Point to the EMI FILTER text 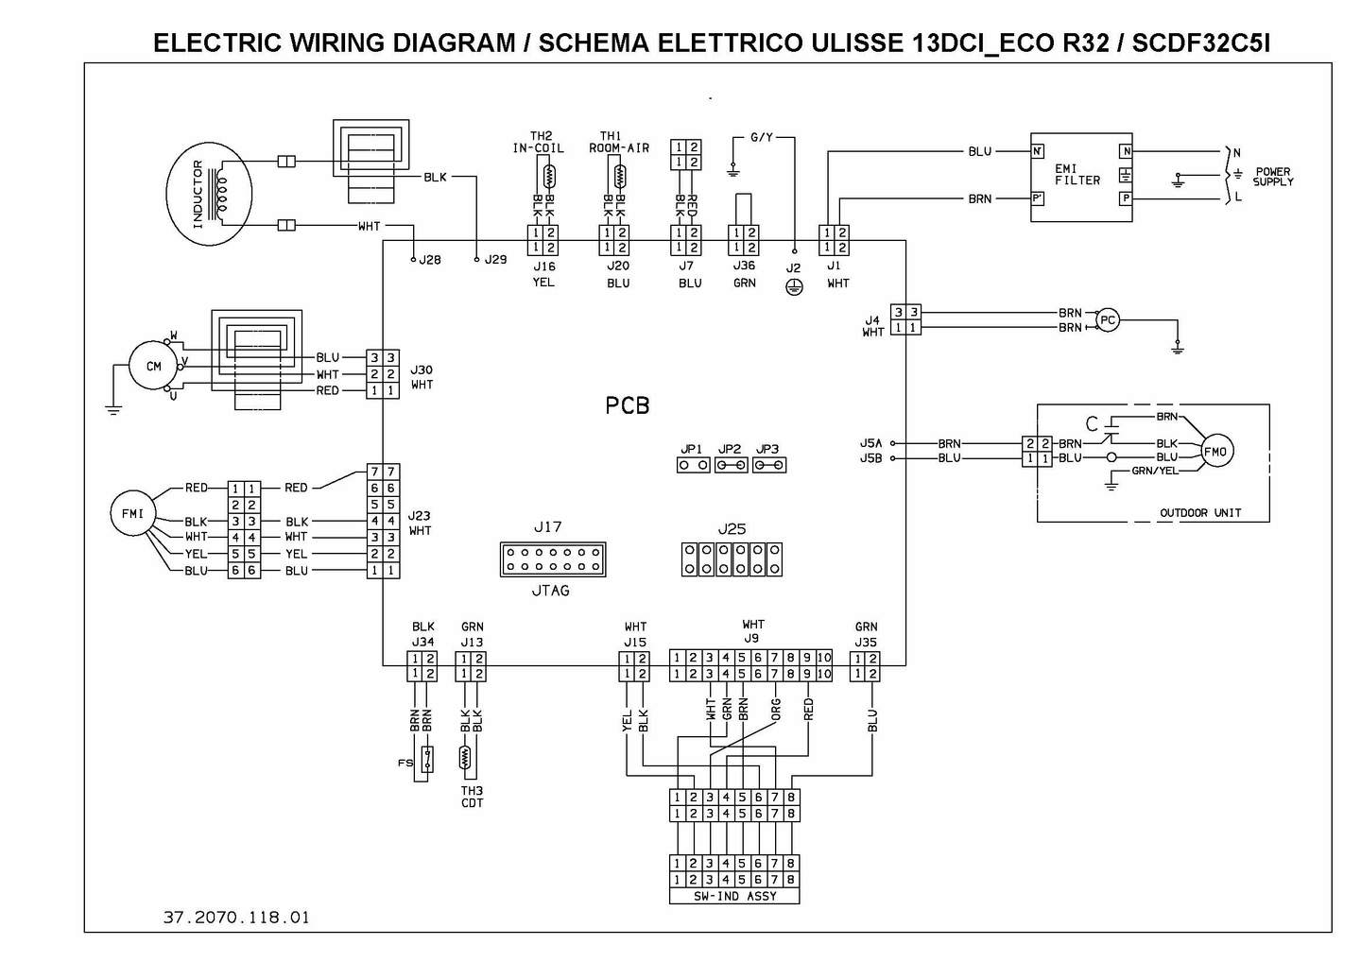[1077, 174]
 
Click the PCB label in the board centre [627, 405]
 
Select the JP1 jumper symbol [694, 465]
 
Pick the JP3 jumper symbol [769, 465]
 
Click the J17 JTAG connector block [553, 559]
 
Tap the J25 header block [732, 559]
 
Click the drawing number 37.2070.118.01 [236, 917]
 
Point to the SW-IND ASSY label [734, 897]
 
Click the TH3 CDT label [473, 797]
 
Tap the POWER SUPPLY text [1273, 177]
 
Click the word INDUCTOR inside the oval [198, 195]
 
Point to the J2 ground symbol [794, 287]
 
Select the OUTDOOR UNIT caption [1200, 512]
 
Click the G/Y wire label [762, 137]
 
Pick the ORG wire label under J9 [775, 710]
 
